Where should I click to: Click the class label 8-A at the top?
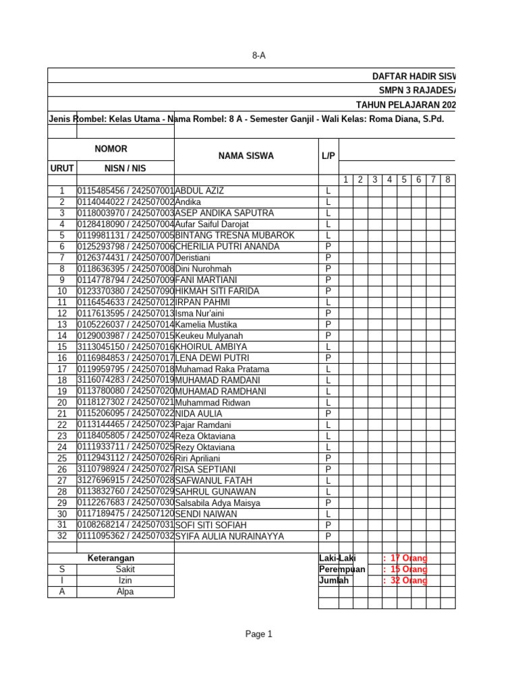point(259,56)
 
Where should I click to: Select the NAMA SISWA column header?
point(246,156)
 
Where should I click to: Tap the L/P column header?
point(328,156)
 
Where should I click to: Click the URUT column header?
point(62,168)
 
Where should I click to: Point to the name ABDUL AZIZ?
point(200,191)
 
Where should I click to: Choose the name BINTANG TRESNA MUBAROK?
point(235,235)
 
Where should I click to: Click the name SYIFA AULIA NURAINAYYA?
point(229,536)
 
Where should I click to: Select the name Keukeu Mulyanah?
point(209,336)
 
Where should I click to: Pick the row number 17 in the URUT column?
point(62,369)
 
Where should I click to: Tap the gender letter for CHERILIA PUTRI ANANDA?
point(328,247)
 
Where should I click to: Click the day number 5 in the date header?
point(403,179)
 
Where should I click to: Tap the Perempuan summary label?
point(342,569)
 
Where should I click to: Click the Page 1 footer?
point(259,634)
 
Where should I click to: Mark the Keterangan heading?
point(111,558)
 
